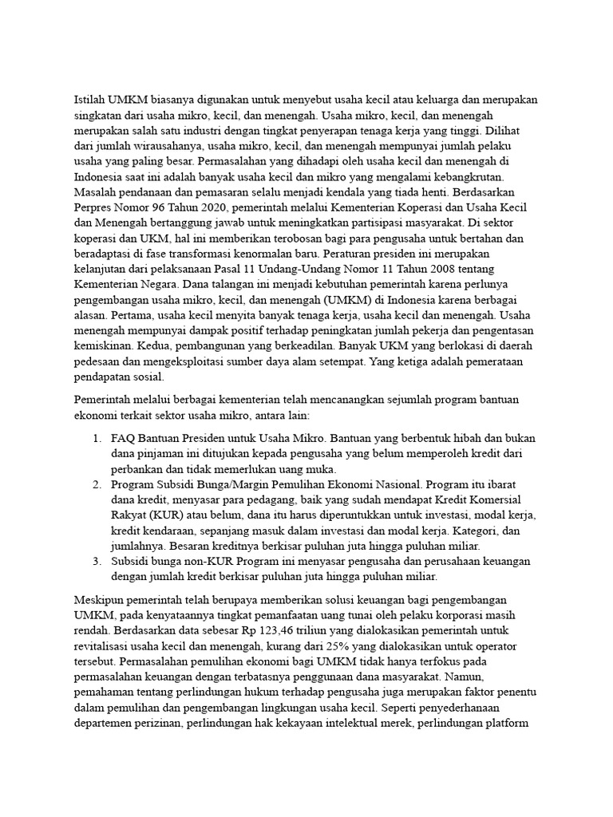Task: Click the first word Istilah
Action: point(91,101)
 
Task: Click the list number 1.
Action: point(95,438)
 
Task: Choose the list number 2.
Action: point(95,484)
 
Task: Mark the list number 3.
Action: point(95,562)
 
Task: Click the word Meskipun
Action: point(101,599)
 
